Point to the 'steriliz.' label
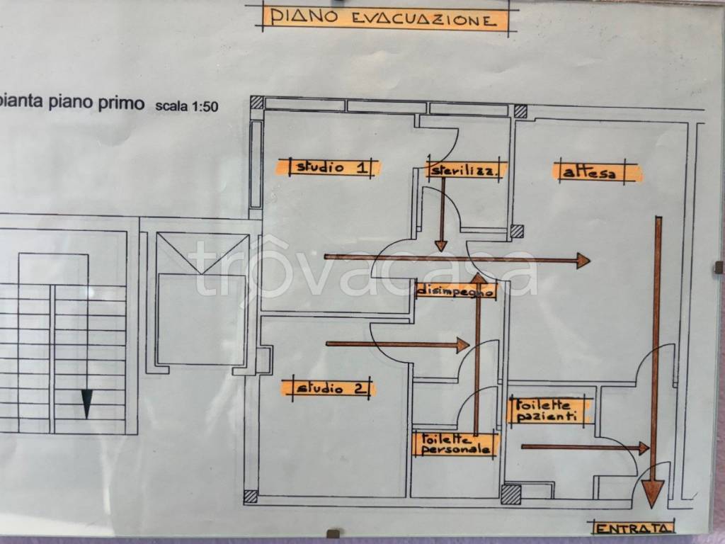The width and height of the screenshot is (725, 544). point(464,170)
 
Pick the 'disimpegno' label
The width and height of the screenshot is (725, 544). point(456,292)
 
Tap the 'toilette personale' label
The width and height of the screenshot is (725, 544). point(455,444)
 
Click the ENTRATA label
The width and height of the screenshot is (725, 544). point(632,528)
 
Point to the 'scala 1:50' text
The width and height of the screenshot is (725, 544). point(186,106)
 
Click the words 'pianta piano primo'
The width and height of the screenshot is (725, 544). point(72,102)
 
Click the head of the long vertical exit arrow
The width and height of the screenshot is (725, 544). point(653,493)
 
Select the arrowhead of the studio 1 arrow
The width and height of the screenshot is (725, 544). point(583,261)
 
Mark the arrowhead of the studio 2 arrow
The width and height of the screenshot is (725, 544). point(463,345)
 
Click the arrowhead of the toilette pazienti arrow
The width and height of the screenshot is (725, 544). point(644,448)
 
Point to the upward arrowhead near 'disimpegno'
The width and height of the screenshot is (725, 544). point(479,278)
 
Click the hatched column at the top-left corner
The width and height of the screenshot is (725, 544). point(256,103)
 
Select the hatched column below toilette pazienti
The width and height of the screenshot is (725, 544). point(510,494)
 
